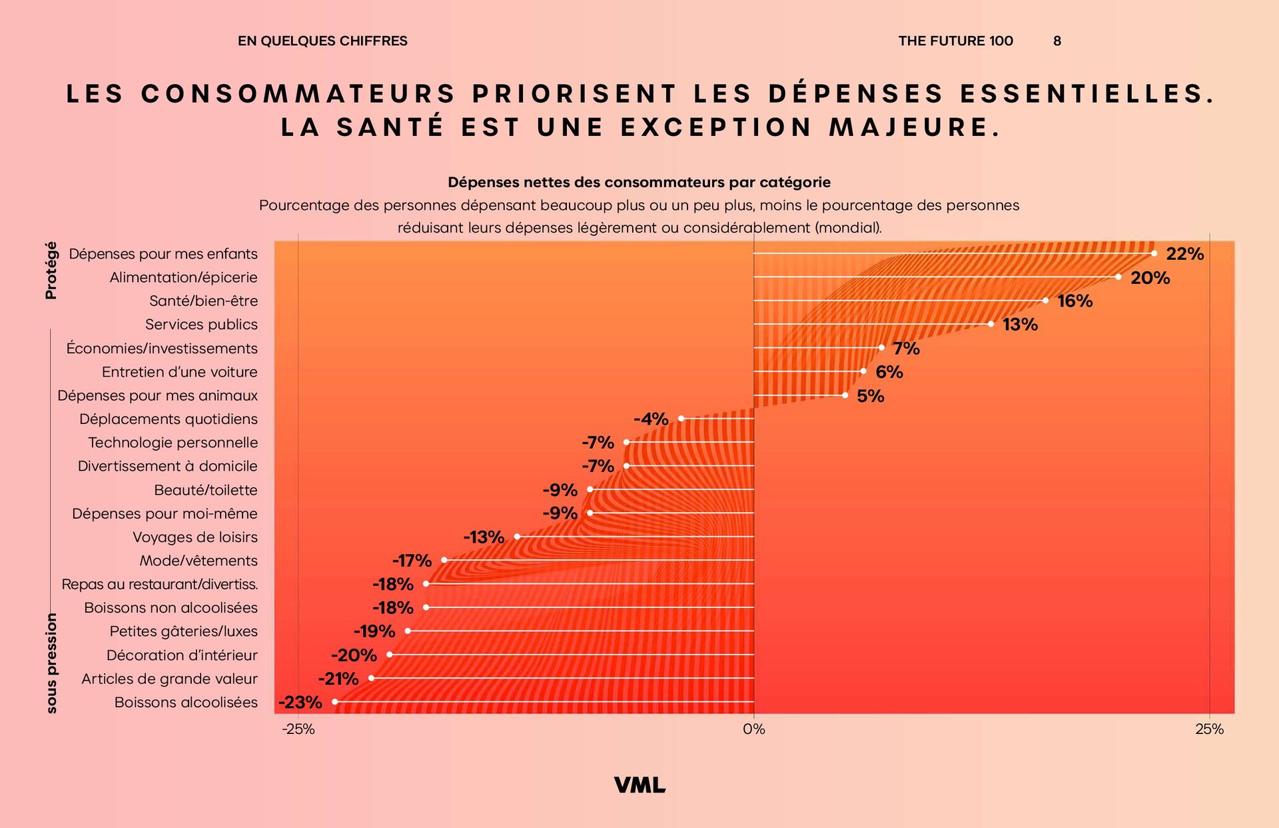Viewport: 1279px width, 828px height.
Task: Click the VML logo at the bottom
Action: tap(639, 785)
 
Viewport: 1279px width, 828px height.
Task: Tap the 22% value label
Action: tap(1184, 254)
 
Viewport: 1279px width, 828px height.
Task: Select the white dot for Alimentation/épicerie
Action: tap(1118, 277)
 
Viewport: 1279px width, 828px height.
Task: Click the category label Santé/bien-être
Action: tap(203, 301)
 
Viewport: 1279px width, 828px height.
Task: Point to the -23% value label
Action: tap(300, 702)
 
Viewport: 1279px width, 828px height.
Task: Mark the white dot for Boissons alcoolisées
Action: tap(335, 701)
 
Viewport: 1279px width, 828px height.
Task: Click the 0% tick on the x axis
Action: tap(754, 729)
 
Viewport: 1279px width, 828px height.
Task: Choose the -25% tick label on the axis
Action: tap(298, 729)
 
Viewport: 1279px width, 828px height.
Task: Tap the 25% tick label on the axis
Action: tap(1209, 729)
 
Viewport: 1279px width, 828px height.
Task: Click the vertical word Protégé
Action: tap(51, 270)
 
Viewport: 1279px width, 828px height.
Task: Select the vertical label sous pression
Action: tap(52, 663)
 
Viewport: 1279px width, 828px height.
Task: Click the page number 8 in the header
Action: tap(1057, 41)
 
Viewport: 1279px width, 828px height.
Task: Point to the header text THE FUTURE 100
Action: tap(955, 41)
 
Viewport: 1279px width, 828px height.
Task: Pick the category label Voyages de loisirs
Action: tap(195, 537)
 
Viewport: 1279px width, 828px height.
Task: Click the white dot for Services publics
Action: tap(991, 324)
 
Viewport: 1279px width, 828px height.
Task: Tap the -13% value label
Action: tap(484, 537)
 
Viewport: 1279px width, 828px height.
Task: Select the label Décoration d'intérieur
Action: tap(182, 655)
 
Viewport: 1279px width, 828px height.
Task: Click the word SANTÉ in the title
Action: tap(390, 127)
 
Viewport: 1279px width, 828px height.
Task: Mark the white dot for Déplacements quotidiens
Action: tap(681, 419)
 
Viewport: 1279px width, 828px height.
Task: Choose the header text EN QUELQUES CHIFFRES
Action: tap(322, 41)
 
